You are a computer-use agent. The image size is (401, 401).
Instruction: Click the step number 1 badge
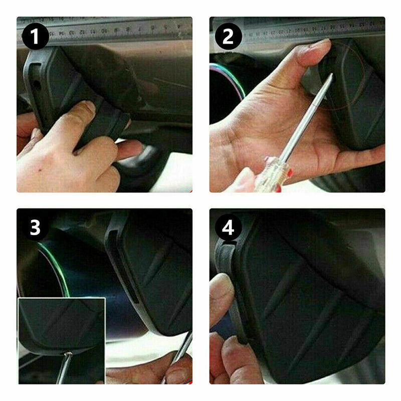[35, 36]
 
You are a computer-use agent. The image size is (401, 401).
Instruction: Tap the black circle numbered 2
[228, 36]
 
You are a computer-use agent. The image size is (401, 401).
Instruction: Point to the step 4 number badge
[228, 228]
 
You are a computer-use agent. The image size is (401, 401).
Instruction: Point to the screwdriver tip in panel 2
[330, 75]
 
